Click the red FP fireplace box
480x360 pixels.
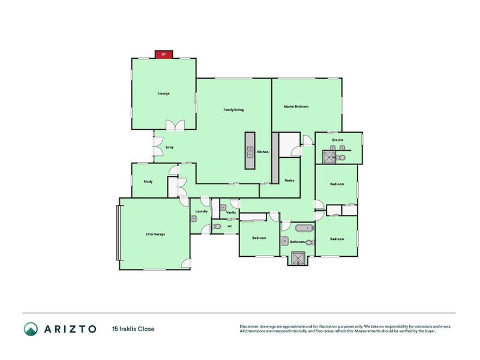(164, 55)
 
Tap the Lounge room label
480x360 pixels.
(164, 94)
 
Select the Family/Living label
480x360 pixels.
(233, 110)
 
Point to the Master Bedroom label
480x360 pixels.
(296, 107)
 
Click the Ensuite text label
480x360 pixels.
(338, 140)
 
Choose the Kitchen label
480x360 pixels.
(263, 152)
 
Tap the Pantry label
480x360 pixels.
(289, 180)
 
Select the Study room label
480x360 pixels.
(148, 181)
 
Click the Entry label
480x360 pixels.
(161, 147)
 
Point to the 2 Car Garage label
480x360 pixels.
(155, 234)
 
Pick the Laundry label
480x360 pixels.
(202, 211)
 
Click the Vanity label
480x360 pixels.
(230, 212)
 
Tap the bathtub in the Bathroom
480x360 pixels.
(304, 228)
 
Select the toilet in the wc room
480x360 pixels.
(216, 227)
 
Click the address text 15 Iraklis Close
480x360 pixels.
(133, 329)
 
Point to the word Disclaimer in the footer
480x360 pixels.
(250, 326)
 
